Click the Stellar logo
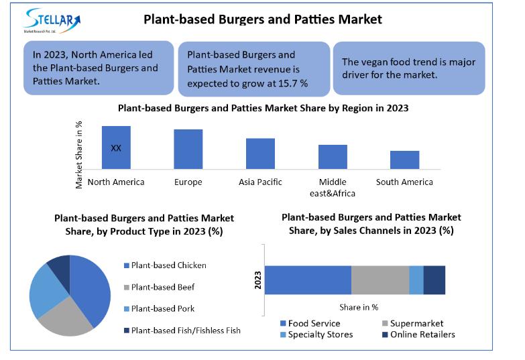click(52, 20)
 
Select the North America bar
click(116, 147)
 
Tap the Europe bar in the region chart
click(188, 149)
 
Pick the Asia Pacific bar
click(261, 154)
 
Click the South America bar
click(405, 160)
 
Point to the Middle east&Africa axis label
click(333, 188)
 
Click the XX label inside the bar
click(116, 148)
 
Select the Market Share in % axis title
click(78, 155)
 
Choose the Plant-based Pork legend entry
click(159, 309)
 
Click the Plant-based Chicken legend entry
click(165, 265)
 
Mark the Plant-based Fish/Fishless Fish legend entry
click(182, 331)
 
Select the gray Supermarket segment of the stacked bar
click(380, 280)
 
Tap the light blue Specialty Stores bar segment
click(416, 280)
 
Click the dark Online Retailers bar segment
click(434, 280)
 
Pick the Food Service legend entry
click(310, 323)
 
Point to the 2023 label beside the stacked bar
click(257, 280)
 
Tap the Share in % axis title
click(359, 307)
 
